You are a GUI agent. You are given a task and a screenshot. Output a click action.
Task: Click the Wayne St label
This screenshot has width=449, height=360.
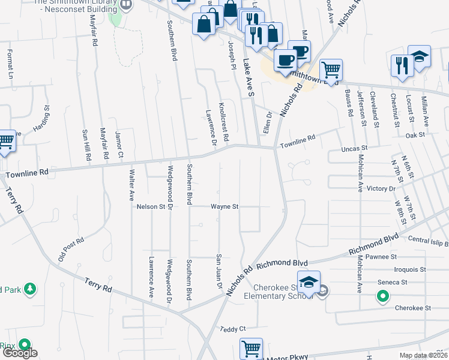point(224,206)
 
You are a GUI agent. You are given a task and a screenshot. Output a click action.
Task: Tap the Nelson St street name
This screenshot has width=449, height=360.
point(151,206)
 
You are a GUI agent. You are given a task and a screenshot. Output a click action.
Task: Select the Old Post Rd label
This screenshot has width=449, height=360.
point(71,248)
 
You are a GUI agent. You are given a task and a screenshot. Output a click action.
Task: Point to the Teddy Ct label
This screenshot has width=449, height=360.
point(234,329)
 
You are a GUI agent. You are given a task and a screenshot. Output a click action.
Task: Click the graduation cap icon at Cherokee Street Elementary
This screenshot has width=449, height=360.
point(309,282)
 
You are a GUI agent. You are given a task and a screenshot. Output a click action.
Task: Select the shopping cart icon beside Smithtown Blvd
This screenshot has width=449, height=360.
point(331,70)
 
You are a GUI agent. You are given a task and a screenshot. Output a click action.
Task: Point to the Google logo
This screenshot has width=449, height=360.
point(20,353)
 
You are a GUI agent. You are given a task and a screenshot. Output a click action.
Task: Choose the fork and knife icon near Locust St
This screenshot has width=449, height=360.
point(400,64)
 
